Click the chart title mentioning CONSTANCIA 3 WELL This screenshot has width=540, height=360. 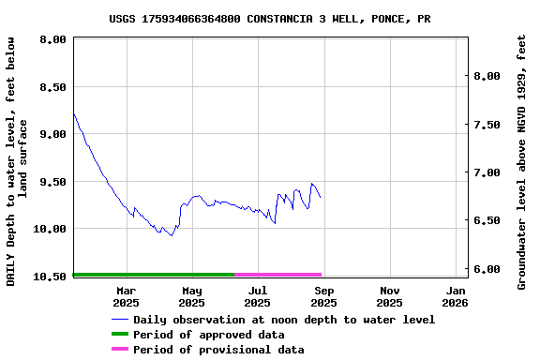(x=270, y=18)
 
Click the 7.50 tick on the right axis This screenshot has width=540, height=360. (x=488, y=124)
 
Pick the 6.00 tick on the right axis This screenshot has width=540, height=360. (x=488, y=269)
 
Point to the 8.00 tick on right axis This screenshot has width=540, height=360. (x=488, y=76)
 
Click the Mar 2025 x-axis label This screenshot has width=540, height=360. (x=126, y=296)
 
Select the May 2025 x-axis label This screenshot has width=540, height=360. (x=191, y=296)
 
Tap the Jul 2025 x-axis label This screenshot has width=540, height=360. (x=258, y=296)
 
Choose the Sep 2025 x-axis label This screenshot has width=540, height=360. (x=323, y=296)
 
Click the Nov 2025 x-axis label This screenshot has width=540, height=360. (x=389, y=296)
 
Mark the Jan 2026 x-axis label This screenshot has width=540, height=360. (x=455, y=296)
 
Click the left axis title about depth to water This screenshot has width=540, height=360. (x=18, y=161)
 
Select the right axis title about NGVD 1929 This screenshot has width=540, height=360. (x=522, y=161)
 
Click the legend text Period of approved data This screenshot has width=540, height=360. (x=208, y=335)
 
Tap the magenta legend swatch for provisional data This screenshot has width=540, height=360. (x=119, y=350)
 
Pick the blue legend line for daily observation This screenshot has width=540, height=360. (x=119, y=320)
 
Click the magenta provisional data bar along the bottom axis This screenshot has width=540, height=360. (x=277, y=275)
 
